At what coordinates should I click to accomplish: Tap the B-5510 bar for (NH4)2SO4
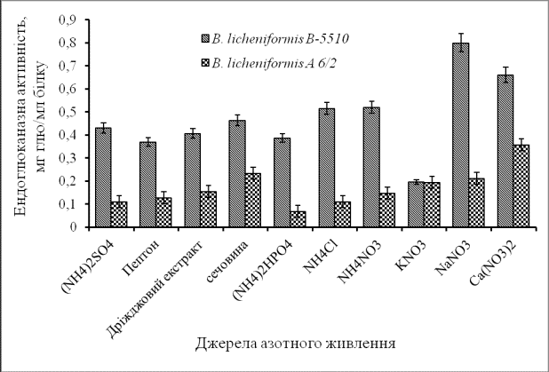[x=103, y=178]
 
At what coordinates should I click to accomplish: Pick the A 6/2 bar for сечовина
[x=253, y=200]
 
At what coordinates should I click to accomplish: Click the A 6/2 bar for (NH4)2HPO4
[x=298, y=219]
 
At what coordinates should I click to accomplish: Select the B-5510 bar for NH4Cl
[x=326, y=168]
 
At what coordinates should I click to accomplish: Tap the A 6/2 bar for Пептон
[x=164, y=212]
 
